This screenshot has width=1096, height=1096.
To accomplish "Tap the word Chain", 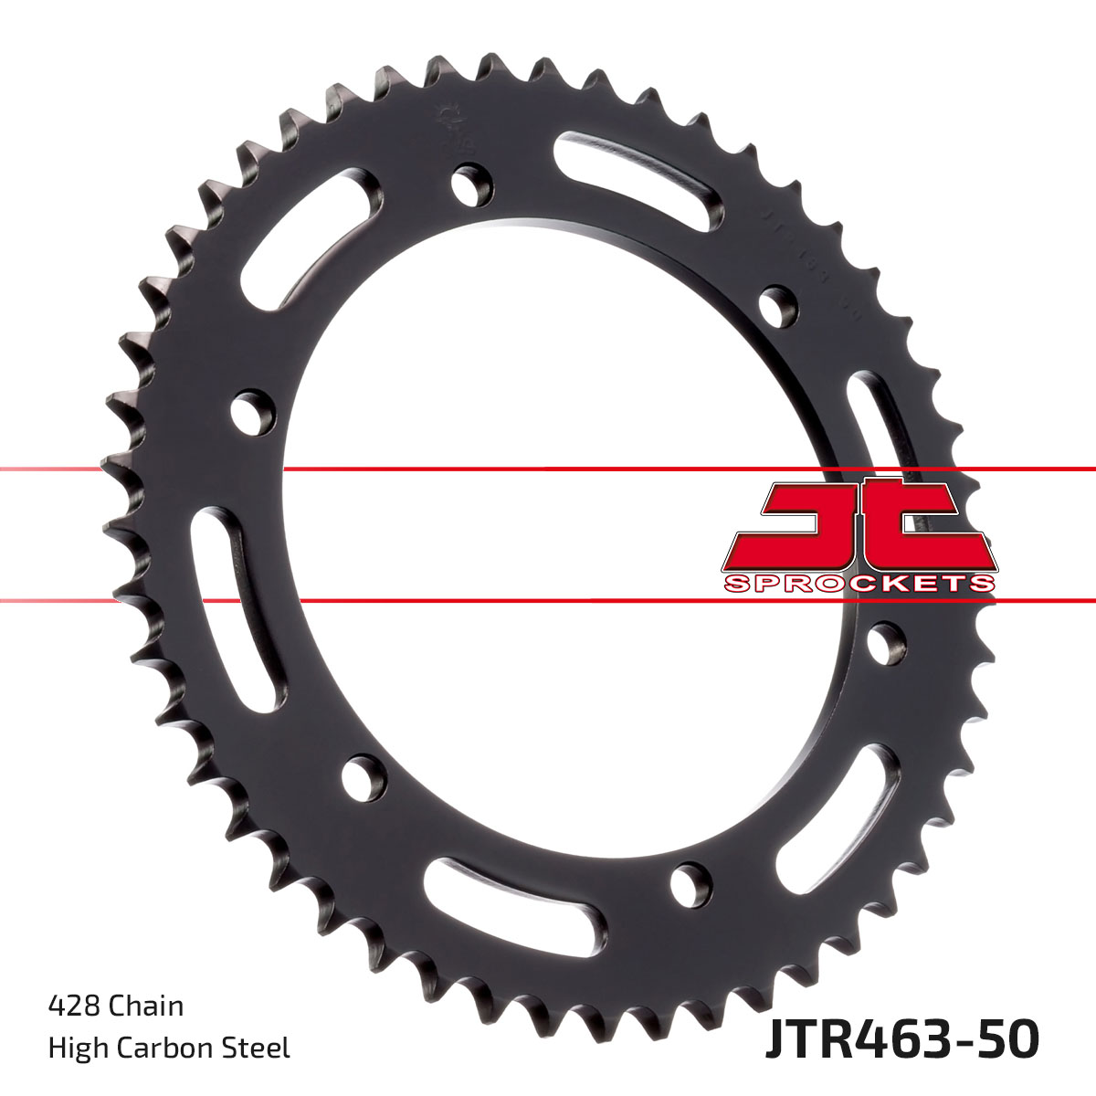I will (146, 1006).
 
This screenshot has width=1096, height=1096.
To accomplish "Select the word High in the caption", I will (75, 1048).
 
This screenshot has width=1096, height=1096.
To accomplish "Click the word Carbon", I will (170, 1048).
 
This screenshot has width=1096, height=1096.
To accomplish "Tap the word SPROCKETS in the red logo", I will (859, 584).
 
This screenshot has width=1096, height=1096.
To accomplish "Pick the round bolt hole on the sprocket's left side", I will (254, 410).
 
